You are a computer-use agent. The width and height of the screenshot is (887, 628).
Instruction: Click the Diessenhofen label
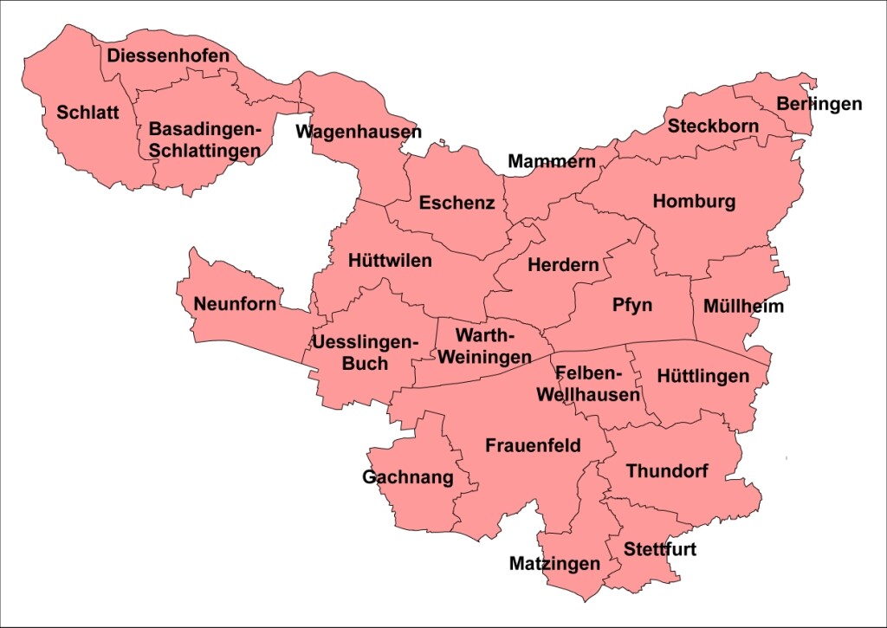[168, 56]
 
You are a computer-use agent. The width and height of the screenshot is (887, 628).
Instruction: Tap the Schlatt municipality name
[87, 113]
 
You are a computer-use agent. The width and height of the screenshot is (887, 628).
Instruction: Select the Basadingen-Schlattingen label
[204, 139]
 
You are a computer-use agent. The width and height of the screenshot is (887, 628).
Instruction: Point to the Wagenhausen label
[358, 132]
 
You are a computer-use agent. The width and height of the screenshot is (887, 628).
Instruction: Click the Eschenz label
[456, 204]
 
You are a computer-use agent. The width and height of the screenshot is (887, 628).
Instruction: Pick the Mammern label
[552, 161]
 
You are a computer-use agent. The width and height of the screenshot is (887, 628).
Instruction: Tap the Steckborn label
[713, 126]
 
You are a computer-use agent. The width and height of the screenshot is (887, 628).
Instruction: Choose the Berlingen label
[819, 104]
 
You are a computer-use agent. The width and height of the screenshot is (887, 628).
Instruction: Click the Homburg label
[694, 202]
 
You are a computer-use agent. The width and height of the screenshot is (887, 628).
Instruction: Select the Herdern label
[563, 265]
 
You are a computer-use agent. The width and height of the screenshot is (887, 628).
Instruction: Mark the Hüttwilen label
[390, 260]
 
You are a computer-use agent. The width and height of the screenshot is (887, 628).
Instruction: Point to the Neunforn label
[235, 304]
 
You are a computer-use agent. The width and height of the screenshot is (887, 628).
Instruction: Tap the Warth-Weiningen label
[485, 346]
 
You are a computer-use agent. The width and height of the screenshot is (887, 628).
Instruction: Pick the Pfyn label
[632, 305]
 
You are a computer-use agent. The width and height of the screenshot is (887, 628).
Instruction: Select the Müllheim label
[743, 307]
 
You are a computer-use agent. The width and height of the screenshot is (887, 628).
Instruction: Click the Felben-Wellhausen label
[589, 385]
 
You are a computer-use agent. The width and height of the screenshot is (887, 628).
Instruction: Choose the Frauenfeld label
[533, 446]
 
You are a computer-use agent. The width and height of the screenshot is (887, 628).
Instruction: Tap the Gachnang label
[407, 477]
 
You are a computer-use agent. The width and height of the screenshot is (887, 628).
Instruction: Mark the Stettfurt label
[659, 550]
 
